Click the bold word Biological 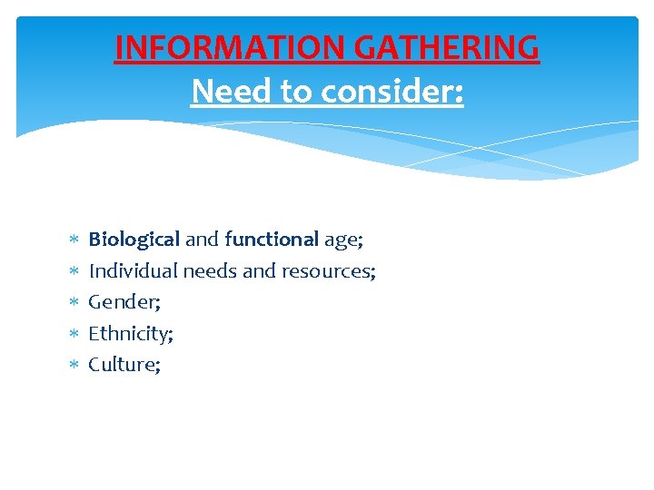(134, 240)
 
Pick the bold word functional (272, 240)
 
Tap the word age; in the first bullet (343, 240)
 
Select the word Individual (133, 270)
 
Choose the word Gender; (122, 302)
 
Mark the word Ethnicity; (131, 334)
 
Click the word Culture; (124, 365)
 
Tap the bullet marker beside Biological (74, 240)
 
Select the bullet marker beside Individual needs (74, 271)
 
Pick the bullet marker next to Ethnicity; (74, 334)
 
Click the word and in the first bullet (202, 240)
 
